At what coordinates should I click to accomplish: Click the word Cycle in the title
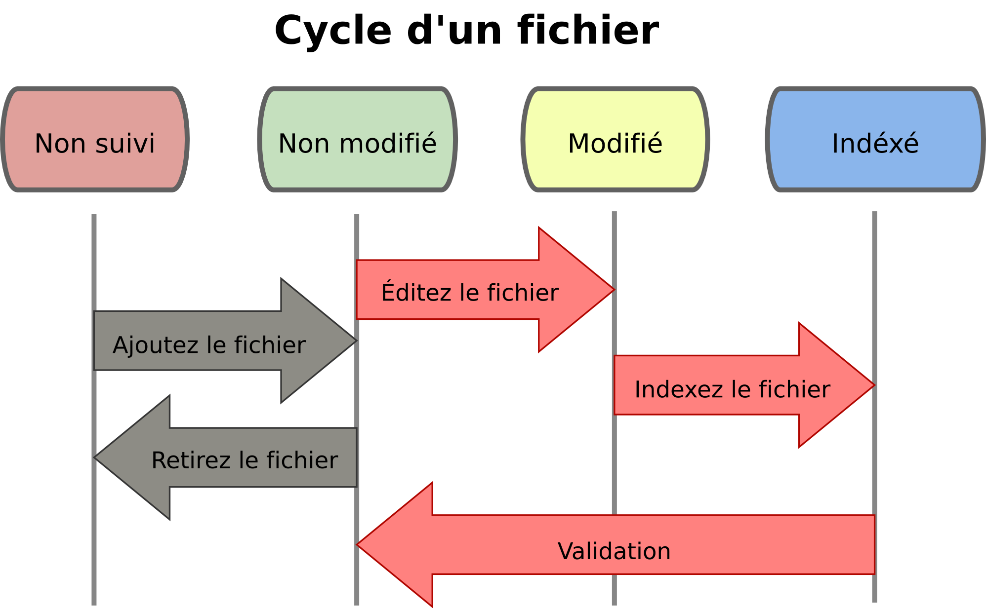click(332, 31)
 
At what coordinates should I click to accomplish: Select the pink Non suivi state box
click(95, 139)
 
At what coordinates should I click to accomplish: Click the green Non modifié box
click(357, 139)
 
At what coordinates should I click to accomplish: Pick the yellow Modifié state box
click(615, 139)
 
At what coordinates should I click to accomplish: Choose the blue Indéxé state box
click(875, 139)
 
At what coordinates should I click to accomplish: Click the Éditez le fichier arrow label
click(469, 293)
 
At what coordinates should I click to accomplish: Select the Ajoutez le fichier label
click(209, 345)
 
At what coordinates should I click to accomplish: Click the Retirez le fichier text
click(245, 460)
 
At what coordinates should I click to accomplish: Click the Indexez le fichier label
click(732, 389)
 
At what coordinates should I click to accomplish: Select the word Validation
click(614, 551)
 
